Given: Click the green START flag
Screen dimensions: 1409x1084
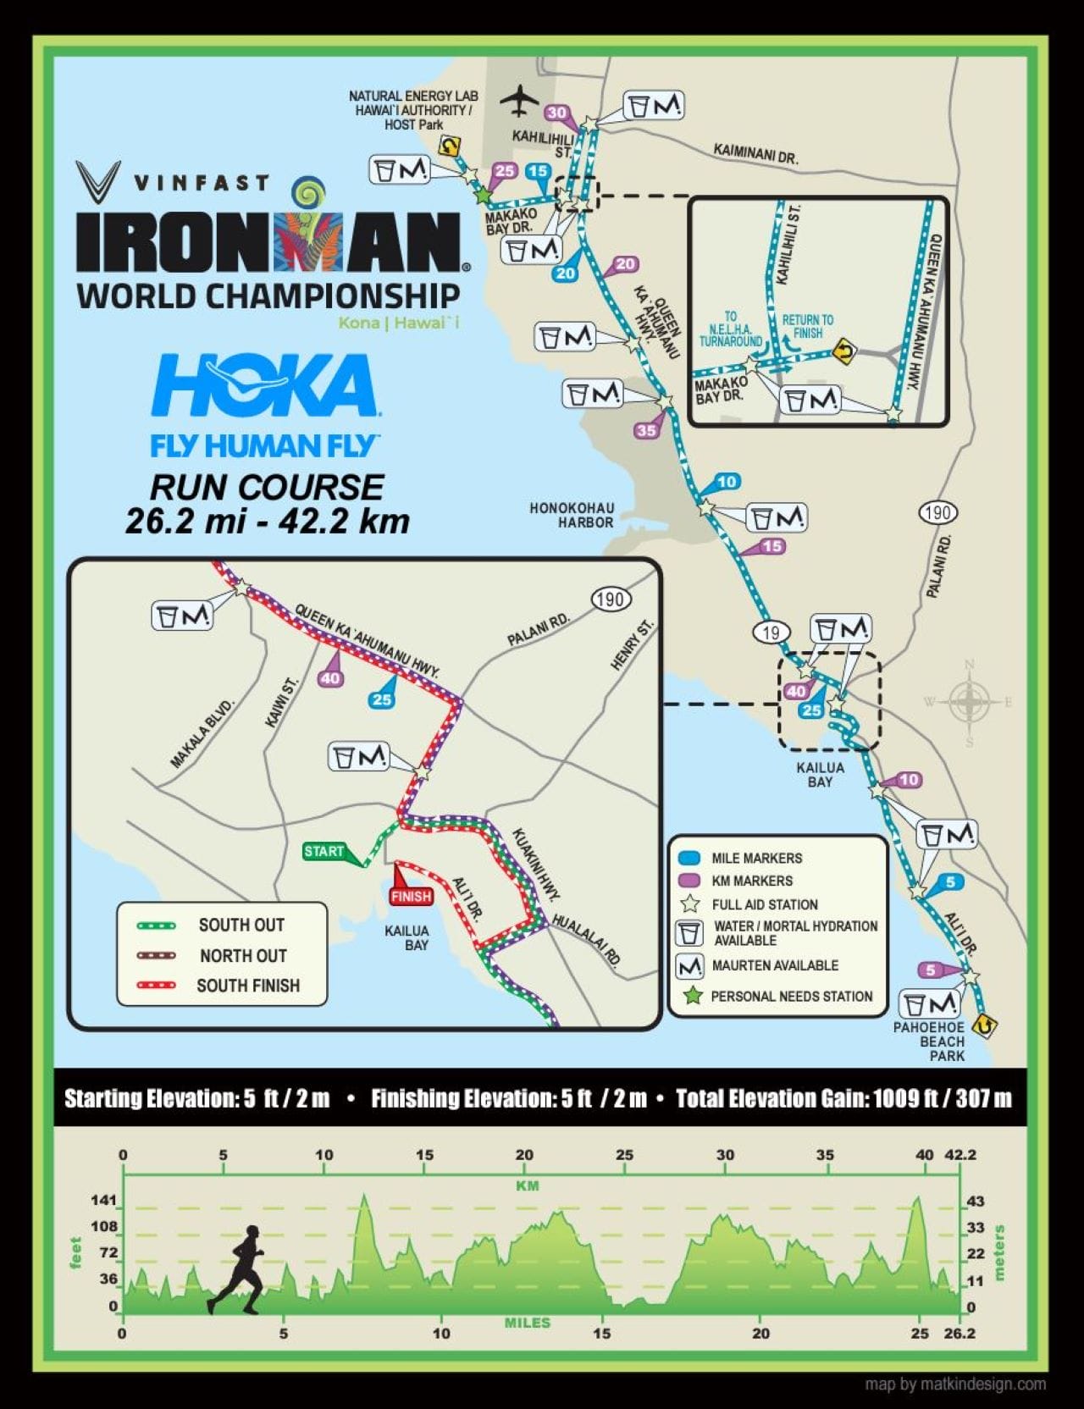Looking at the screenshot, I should [324, 851].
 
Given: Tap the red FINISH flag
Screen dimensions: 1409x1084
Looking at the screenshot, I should [411, 896].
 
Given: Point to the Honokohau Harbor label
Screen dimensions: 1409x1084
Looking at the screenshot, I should [572, 515].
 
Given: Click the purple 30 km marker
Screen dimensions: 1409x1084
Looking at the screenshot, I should [556, 113].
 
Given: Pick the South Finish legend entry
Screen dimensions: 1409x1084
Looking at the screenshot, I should [247, 986].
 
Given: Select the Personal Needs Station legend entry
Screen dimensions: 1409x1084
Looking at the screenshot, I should [791, 997].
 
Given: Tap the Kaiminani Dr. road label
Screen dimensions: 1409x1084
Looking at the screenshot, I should [755, 153].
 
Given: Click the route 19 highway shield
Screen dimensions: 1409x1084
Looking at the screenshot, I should [770, 632].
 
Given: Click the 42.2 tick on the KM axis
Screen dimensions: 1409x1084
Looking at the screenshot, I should [960, 1154].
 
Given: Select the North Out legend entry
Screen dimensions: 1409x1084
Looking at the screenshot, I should [243, 956].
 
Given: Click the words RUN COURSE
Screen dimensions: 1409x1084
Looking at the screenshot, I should [267, 487].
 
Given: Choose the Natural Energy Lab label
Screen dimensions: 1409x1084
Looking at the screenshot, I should [413, 110].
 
